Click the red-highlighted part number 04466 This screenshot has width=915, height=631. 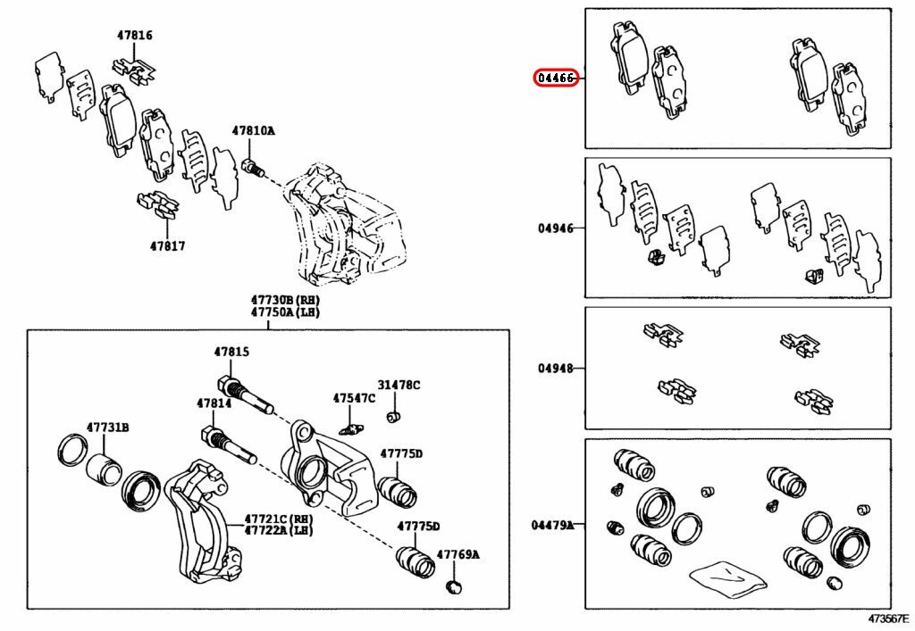coord(556,79)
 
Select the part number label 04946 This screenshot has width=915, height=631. coord(556,228)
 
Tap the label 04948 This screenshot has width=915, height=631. coord(556,369)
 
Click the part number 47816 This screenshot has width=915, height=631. coord(134,37)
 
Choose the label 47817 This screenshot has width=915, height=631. coord(166,245)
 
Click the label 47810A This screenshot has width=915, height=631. coord(254,131)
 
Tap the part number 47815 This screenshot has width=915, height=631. coord(231,353)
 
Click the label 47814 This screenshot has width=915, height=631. coord(214,404)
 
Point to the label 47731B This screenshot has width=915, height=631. coord(107,428)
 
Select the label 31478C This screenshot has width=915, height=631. coord(399,385)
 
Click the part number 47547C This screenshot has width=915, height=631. coord(355,398)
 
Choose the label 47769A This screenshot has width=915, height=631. coord(458,555)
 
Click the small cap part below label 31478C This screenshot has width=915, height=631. coord(391,417)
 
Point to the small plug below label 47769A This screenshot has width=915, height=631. coord(455,586)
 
